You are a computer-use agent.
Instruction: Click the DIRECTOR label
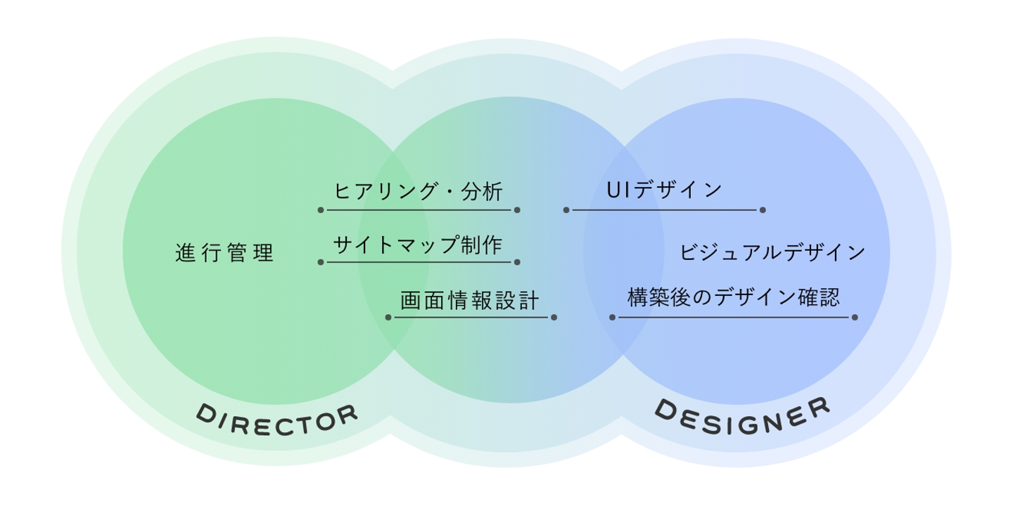point(276,421)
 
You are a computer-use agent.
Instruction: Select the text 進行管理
point(224,253)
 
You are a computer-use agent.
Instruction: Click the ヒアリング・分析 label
point(419,191)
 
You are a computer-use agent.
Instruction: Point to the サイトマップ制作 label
point(419,245)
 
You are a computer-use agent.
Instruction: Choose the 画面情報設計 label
point(470,301)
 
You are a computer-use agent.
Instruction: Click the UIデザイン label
point(664,190)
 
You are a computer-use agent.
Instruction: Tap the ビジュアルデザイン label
point(772,253)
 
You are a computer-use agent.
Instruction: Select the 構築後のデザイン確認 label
point(734,298)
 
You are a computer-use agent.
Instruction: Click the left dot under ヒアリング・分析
point(321,209)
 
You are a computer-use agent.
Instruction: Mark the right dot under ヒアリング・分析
point(517,209)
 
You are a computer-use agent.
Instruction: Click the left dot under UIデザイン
point(566,209)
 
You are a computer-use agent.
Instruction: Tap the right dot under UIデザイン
point(763,209)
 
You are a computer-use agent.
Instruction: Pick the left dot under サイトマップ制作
point(321,262)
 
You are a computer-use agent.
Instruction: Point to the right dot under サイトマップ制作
point(517,262)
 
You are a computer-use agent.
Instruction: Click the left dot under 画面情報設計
point(388,317)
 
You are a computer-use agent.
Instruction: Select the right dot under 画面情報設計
point(554,317)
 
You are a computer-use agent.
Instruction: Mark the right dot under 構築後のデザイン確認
point(855,317)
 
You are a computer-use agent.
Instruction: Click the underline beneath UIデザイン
point(664,209)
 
